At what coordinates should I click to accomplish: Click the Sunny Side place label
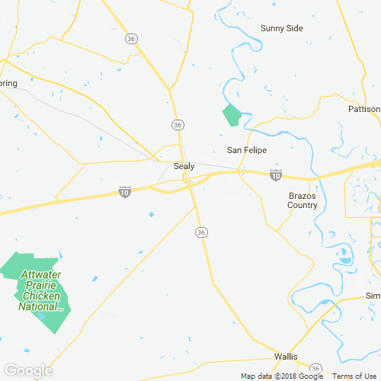[x=282, y=28]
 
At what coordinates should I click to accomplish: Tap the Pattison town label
[x=363, y=109]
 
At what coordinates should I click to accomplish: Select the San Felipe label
[x=247, y=150]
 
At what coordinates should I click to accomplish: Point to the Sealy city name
[x=184, y=166]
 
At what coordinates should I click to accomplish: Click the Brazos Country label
[x=303, y=200]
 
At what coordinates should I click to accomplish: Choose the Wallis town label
[x=290, y=357]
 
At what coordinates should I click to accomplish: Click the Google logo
[x=27, y=370]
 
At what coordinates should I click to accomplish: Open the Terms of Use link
[x=354, y=376]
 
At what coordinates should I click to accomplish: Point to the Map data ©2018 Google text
[x=281, y=376]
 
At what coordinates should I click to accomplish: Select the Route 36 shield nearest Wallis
[x=315, y=368]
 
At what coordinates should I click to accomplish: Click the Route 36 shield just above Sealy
[x=178, y=124]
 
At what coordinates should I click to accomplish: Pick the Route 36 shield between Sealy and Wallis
[x=201, y=231]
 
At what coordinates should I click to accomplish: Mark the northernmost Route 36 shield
[x=132, y=38]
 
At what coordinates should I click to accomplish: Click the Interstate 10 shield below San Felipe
[x=276, y=175]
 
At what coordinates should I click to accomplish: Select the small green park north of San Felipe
[x=232, y=116]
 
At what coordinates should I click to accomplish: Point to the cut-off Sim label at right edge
[x=373, y=296]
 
